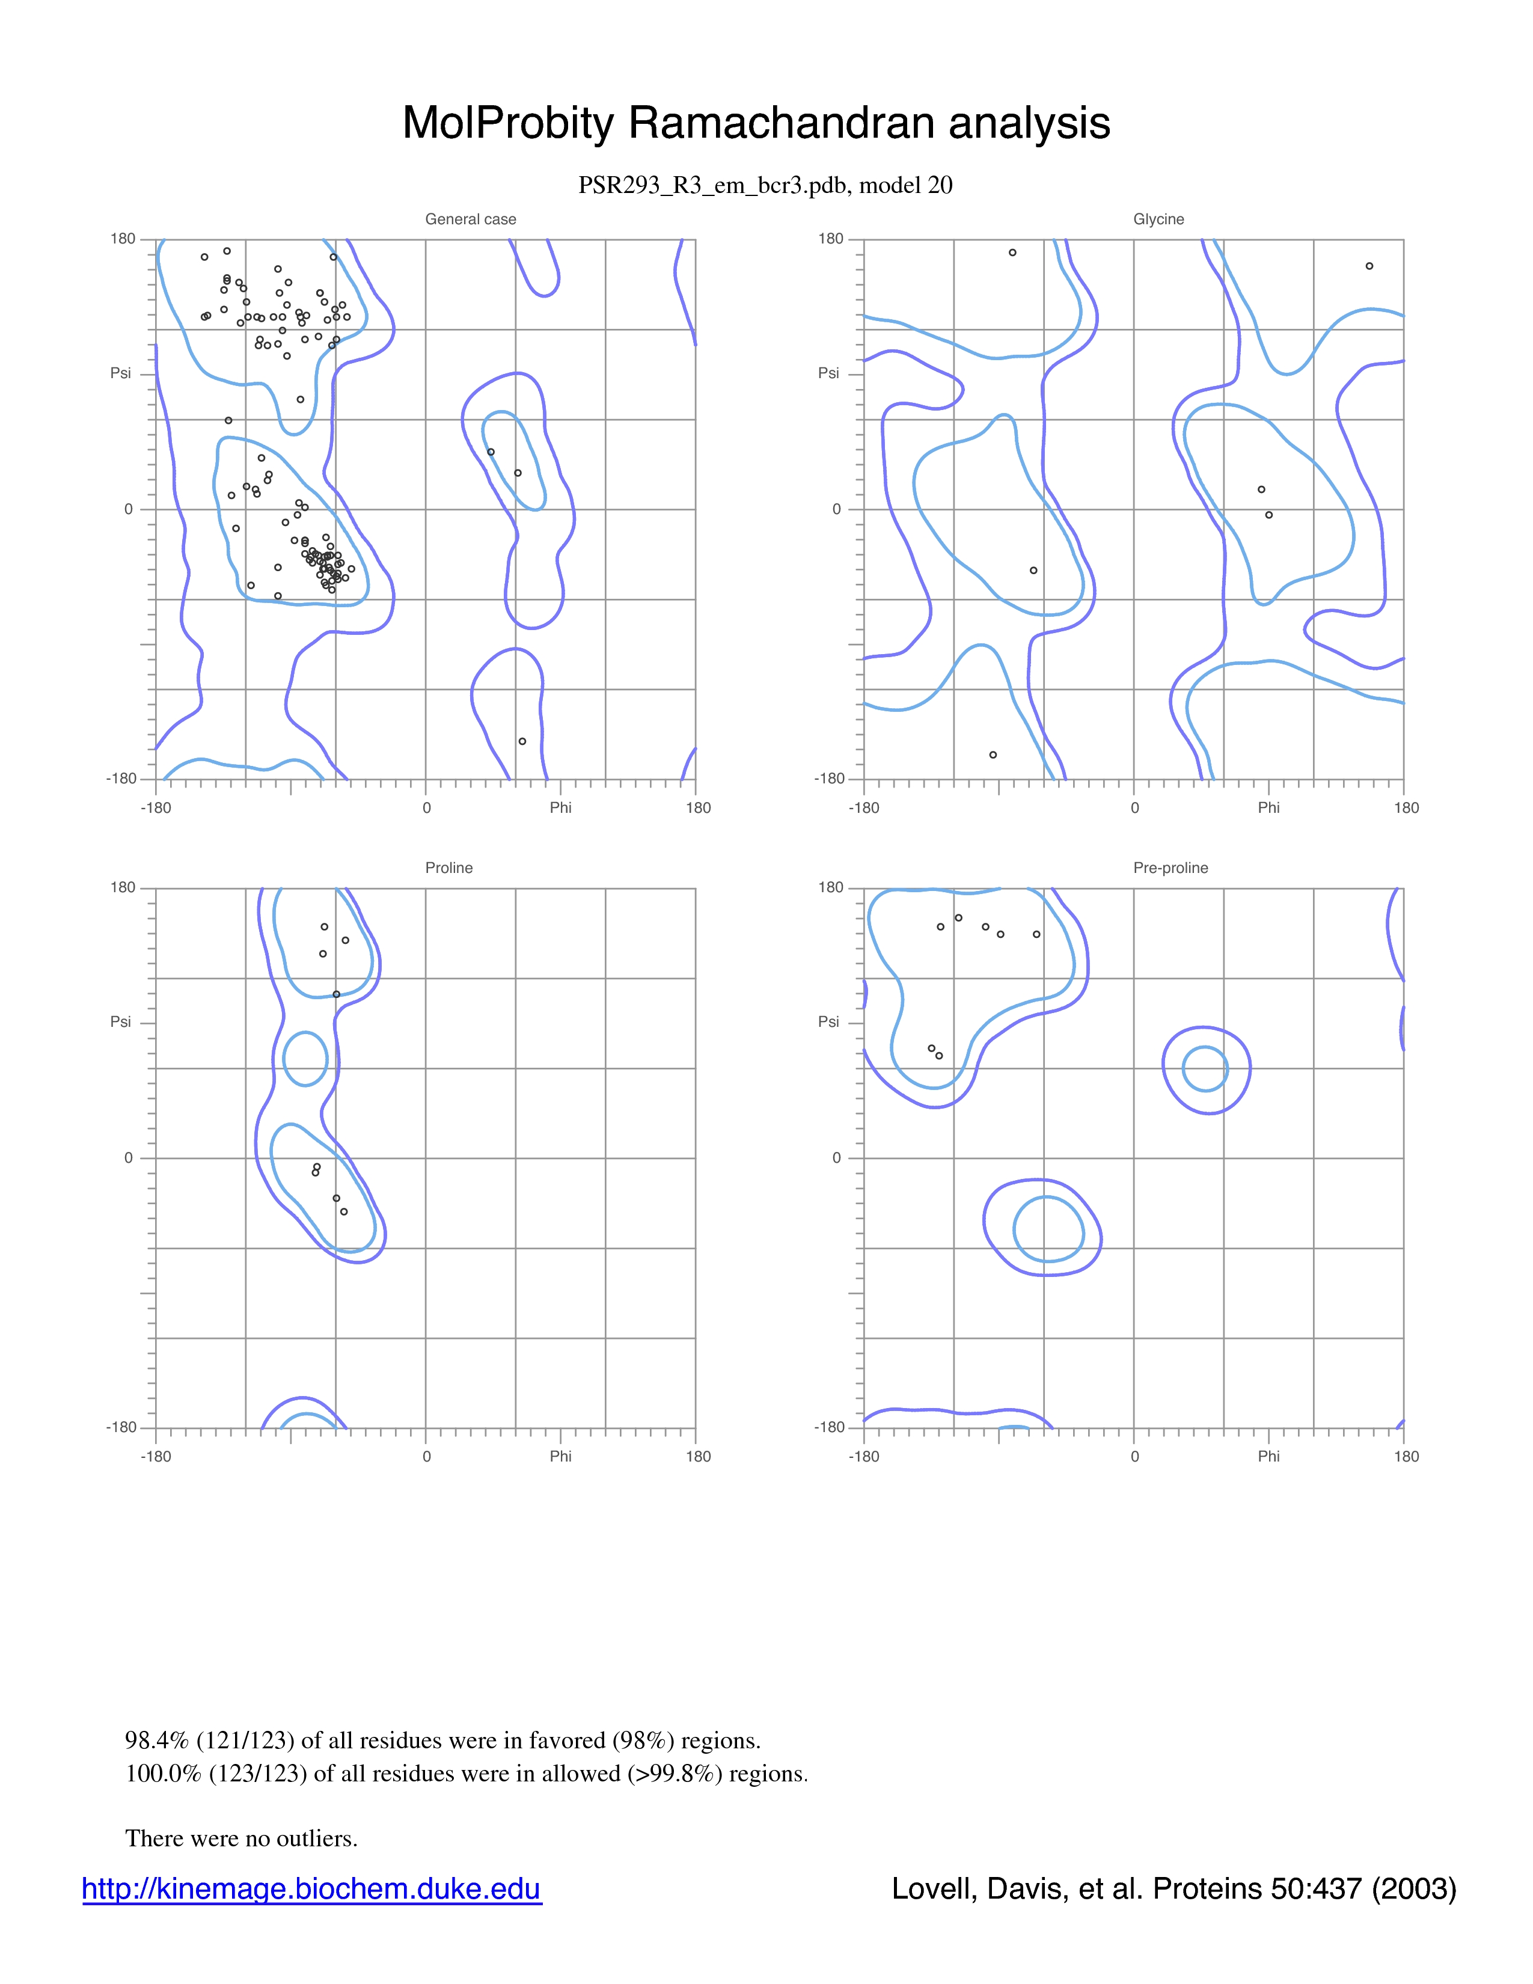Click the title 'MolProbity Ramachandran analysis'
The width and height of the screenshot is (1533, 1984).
point(756,123)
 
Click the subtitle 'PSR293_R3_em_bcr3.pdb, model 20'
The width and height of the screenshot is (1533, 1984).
point(765,185)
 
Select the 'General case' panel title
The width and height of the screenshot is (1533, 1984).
point(471,219)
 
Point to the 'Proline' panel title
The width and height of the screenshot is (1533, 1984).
point(448,868)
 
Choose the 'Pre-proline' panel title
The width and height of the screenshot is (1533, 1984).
point(1170,868)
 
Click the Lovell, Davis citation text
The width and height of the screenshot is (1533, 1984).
point(1174,1888)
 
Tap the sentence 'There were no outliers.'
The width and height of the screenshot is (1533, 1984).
point(242,1839)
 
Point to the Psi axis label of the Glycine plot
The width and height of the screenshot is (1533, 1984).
point(828,373)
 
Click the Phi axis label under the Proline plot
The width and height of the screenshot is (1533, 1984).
point(560,1456)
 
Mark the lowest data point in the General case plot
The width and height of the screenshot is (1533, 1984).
point(522,741)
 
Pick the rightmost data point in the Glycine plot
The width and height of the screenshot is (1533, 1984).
point(1369,266)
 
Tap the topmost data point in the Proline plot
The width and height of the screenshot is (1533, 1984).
point(324,926)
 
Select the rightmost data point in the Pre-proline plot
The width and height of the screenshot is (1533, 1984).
point(1036,934)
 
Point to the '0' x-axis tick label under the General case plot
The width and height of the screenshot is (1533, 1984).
point(427,807)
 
